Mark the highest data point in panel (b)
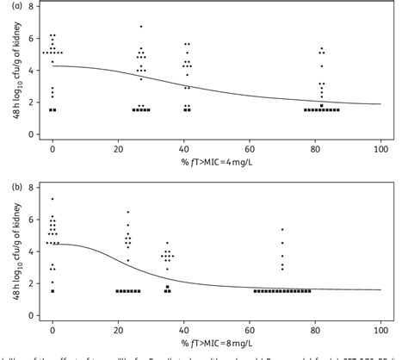53,199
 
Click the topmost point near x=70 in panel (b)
282,229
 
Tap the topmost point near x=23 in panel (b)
128,212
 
